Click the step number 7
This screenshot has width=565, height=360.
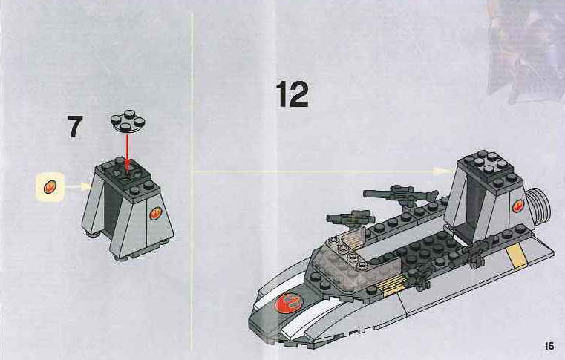(75, 127)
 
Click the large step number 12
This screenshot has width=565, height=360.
(292, 94)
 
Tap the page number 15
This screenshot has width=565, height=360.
(549, 346)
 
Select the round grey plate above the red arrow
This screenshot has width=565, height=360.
(127, 121)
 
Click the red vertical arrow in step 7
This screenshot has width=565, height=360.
(127, 151)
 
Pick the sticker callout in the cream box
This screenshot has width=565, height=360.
(50, 186)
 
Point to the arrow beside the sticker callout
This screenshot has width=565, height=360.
(77, 186)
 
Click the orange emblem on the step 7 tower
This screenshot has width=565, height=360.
(155, 213)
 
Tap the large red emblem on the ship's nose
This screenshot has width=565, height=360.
(289, 303)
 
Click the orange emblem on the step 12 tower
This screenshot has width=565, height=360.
(517, 206)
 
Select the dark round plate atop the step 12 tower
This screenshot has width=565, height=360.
(489, 162)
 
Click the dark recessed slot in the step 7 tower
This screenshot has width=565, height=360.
(112, 203)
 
